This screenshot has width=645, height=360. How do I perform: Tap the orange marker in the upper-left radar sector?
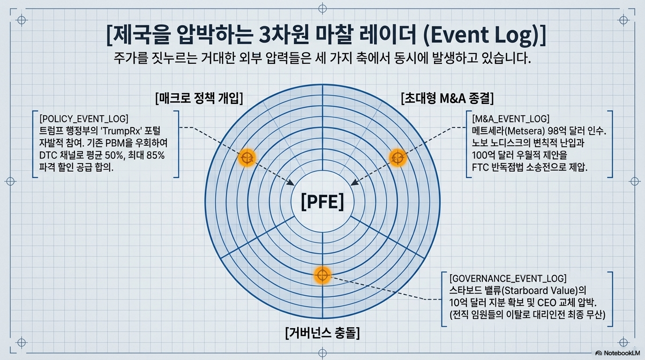247,158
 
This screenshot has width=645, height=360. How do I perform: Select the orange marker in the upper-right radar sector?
397,158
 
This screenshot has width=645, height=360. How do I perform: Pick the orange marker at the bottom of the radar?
322,275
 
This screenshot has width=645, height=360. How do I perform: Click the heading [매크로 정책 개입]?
199,99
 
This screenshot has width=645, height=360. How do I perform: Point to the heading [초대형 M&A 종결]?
447,99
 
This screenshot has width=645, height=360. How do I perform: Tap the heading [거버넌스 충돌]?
322,333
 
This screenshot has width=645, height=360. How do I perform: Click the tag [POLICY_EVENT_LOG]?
84,118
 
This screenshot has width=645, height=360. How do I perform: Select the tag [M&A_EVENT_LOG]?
510,118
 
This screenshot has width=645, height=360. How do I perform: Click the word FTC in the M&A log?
481,167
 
